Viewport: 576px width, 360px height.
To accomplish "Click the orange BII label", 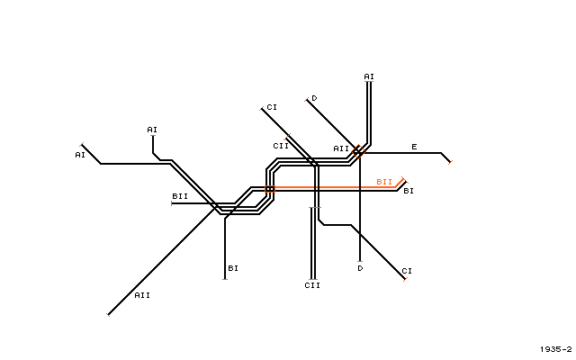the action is (384, 182).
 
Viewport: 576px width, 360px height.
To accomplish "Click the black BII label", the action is (180, 196).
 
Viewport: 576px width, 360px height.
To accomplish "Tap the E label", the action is (414, 147).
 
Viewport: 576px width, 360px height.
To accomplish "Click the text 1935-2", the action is (556, 349).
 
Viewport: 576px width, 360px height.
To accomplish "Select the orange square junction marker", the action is (270, 189).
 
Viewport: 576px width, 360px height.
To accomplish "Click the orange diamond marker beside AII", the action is (358, 151).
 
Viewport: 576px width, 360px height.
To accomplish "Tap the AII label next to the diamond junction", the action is (341, 148).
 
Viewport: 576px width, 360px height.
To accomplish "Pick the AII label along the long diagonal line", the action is (142, 295).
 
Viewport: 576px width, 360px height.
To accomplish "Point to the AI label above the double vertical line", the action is (369, 76).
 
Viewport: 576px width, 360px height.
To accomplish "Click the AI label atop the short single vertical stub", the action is (152, 130).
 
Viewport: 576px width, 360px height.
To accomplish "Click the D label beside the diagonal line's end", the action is (314, 98).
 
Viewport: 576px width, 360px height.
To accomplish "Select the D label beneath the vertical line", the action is (360, 268).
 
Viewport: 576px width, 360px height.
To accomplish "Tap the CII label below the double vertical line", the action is (312, 285).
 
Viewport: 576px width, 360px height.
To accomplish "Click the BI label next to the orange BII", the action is (409, 191).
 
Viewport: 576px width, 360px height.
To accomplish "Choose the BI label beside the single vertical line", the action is (233, 268).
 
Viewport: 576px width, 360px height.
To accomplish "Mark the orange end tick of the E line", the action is (450, 162).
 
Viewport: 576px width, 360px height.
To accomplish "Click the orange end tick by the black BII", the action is (172, 203).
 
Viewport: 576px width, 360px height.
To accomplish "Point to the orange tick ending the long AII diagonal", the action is (108, 314).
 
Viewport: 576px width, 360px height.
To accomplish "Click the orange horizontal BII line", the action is (335, 187).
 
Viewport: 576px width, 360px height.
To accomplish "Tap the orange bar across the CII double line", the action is (315, 208).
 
